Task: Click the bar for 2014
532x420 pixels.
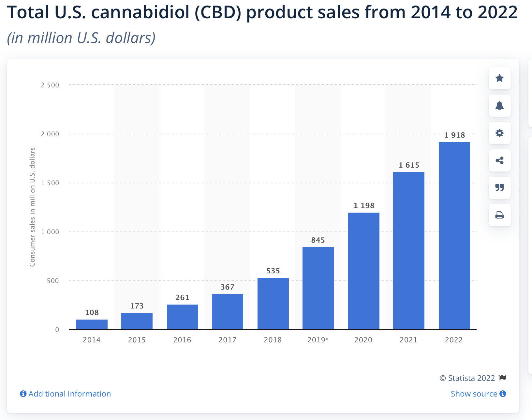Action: (x=92, y=324)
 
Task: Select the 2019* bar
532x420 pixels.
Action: (x=318, y=288)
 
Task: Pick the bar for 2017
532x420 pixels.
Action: (x=228, y=312)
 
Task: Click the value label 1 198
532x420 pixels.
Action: (x=364, y=205)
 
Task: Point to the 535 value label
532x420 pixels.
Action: (x=273, y=271)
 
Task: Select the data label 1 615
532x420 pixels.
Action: (x=409, y=165)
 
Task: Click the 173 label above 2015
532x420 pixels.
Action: (x=137, y=306)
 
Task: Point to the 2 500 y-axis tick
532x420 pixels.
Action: (x=50, y=85)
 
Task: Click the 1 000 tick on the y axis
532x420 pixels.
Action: (x=50, y=232)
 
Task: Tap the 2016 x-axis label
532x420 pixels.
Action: (x=182, y=340)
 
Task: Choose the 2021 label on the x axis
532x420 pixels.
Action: (x=409, y=340)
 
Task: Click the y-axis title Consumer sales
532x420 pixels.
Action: (x=32, y=207)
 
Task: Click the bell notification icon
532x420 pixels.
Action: (x=499, y=106)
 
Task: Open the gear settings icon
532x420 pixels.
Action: (x=499, y=133)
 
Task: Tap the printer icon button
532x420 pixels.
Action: (x=499, y=215)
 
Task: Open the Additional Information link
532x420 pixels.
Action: (x=66, y=394)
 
